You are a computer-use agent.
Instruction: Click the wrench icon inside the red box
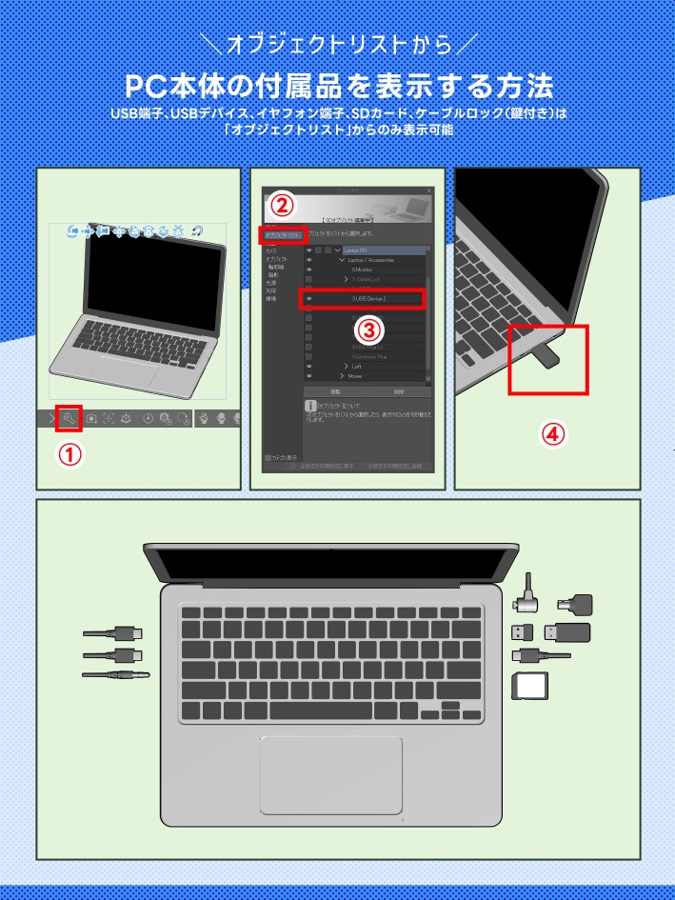[x=69, y=417]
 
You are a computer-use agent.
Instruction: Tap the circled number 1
[x=69, y=455]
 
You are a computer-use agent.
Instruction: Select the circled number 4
[x=554, y=433]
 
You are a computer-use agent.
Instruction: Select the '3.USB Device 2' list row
[x=362, y=299]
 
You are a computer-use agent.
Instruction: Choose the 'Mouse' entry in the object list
[x=362, y=376]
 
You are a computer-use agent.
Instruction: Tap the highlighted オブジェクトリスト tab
[x=283, y=234]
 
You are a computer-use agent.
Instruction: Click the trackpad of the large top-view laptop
[x=330, y=773]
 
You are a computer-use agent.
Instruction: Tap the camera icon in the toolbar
[x=90, y=418]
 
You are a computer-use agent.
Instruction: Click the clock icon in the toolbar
[x=148, y=418]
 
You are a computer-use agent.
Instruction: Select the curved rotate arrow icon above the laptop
[x=197, y=230]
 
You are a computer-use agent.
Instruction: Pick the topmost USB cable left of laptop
[x=113, y=633]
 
